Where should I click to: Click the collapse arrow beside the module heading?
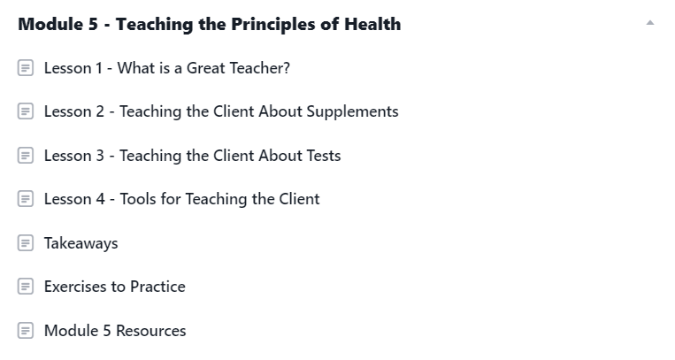(x=650, y=23)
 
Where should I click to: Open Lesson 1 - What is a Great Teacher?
(x=167, y=68)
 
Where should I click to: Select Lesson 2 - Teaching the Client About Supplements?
(x=221, y=111)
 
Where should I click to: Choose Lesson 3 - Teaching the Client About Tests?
(x=193, y=156)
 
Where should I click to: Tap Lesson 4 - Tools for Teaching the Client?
(x=181, y=199)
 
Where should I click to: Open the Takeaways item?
(x=81, y=243)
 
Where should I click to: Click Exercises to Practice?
(x=115, y=287)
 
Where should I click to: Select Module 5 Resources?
(x=115, y=331)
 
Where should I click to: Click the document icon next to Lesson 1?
(x=26, y=67)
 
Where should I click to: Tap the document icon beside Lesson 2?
(x=26, y=111)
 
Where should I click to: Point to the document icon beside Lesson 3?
(x=26, y=156)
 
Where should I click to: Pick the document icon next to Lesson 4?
(x=26, y=199)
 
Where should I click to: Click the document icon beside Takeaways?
(x=26, y=243)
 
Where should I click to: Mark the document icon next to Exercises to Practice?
(x=26, y=287)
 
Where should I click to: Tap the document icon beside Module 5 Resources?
(x=26, y=330)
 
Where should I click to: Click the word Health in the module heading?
(x=372, y=24)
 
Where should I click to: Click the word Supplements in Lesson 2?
(x=352, y=112)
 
